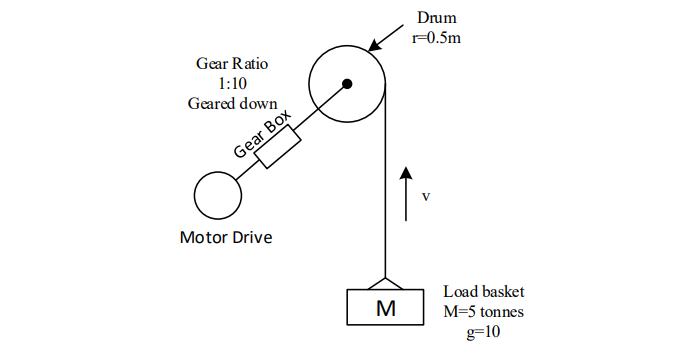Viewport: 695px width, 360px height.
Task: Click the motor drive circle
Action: (216, 195)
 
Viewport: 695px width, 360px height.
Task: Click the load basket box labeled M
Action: (385, 307)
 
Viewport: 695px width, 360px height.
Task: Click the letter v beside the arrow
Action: (426, 196)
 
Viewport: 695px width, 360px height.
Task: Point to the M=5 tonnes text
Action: (484, 312)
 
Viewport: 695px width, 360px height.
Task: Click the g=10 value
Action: (484, 331)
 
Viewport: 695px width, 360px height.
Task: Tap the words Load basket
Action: (484, 293)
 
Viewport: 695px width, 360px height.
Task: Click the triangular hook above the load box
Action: (385, 283)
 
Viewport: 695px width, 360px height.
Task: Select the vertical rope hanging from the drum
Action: (385, 200)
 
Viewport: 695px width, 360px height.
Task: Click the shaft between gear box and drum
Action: (320, 106)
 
